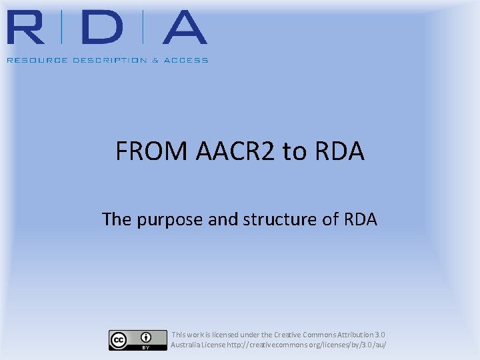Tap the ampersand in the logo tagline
[155, 60]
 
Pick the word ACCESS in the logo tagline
[186, 60]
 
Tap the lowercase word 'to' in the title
[293, 152]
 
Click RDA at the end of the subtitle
[360, 219]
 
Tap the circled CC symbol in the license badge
[119, 340]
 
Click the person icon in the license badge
[145, 337]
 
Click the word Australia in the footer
[187, 345]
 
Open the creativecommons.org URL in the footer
[307, 345]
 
